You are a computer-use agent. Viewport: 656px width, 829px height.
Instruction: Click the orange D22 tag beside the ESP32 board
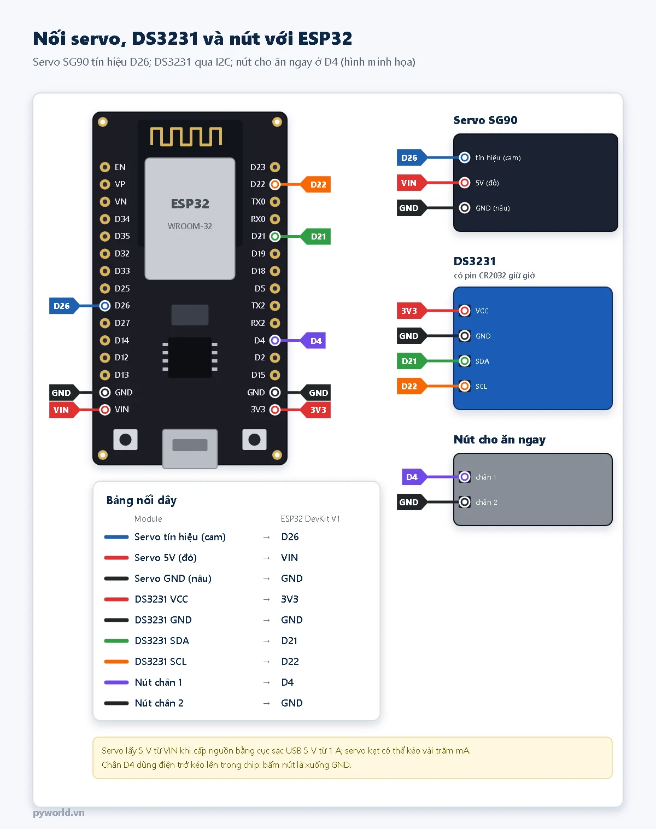(315, 184)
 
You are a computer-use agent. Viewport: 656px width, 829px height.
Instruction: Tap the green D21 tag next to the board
(315, 237)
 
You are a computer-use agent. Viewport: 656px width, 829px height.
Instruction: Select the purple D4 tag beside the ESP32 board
(313, 341)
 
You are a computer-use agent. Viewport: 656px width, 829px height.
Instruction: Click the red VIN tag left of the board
(64, 410)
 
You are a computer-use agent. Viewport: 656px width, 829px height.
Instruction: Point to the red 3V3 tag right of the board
(315, 410)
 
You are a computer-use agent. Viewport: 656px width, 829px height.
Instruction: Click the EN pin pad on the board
(105, 167)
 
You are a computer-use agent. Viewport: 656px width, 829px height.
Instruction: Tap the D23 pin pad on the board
(275, 167)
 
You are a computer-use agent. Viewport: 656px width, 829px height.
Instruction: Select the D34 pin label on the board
(122, 219)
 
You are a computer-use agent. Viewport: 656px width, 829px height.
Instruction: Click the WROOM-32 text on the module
(190, 226)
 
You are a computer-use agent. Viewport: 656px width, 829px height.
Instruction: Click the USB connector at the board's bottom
(190, 448)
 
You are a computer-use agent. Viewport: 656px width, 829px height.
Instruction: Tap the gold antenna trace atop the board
(186, 136)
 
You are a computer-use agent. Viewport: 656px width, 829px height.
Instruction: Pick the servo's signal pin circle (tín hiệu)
(465, 157)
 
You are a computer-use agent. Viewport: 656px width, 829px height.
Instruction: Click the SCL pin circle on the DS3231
(465, 386)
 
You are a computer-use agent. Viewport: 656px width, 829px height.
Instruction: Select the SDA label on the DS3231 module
(482, 361)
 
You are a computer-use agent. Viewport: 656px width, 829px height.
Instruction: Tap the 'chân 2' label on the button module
(486, 503)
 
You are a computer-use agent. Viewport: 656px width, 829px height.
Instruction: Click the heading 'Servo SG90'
(485, 120)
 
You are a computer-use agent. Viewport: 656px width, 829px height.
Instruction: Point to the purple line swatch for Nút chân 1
(116, 682)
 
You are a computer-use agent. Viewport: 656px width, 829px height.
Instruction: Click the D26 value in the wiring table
(290, 537)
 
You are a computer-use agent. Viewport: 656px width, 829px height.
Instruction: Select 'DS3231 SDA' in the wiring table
(162, 641)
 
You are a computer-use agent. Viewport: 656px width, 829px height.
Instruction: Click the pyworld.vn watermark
(58, 813)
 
